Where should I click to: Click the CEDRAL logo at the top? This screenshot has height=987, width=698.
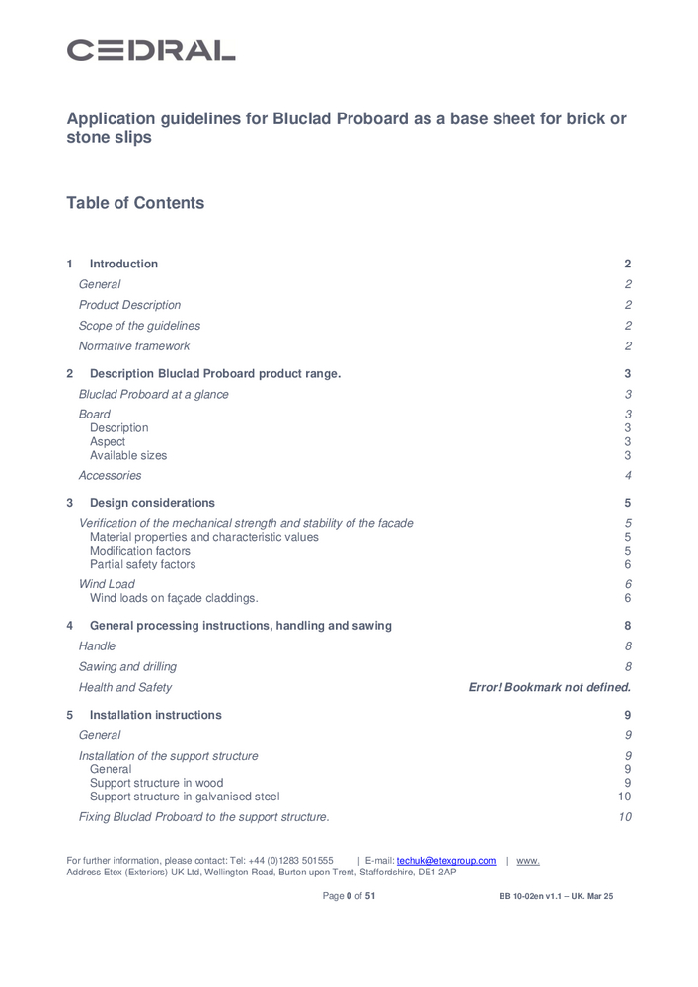(x=150, y=50)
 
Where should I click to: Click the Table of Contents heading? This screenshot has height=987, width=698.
(x=135, y=203)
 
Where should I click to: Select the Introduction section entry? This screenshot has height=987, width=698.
(x=123, y=264)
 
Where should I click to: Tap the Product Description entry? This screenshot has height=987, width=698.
(x=129, y=305)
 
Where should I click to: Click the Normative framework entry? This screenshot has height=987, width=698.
(x=134, y=346)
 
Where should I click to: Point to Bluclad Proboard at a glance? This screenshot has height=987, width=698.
(x=153, y=394)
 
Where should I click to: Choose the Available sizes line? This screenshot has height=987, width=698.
(x=128, y=456)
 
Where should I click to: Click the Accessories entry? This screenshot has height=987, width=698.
(x=110, y=476)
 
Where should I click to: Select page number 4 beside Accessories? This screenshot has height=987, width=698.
(x=628, y=476)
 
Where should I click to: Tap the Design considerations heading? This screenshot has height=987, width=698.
(x=152, y=503)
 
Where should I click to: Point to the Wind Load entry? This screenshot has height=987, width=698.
(x=107, y=584)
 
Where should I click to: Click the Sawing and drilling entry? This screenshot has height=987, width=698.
(x=127, y=667)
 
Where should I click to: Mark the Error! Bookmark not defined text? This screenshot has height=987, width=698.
(x=549, y=687)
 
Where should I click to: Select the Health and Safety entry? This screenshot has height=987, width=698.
(x=124, y=687)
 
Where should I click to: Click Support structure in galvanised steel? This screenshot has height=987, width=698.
(x=185, y=797)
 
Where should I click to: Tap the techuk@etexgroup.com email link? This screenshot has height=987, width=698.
(x=446, y=861)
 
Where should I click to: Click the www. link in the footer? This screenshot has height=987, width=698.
(x=528, y=861)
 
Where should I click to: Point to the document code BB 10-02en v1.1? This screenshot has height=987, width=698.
(x=533, y=896)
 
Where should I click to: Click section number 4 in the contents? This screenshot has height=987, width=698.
(x=69, y=626)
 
